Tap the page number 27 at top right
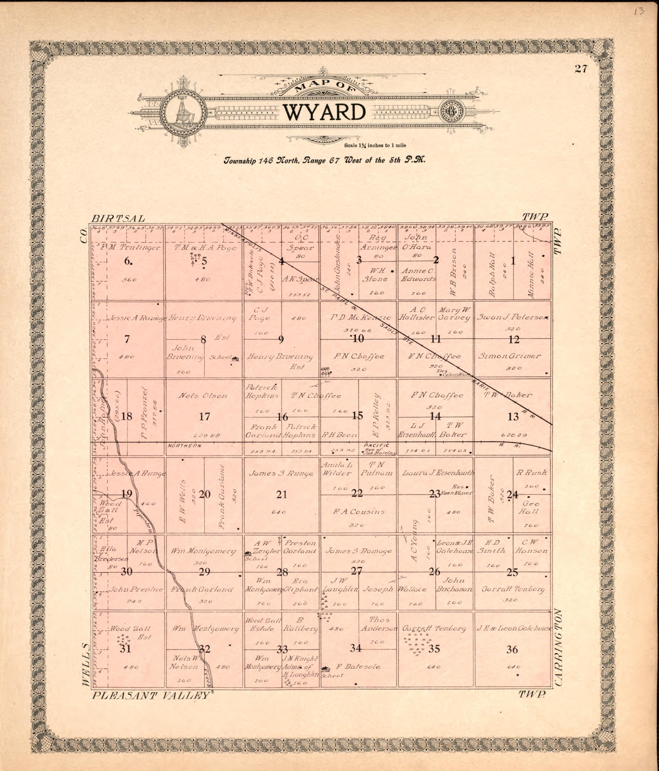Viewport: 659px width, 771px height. [581, 69]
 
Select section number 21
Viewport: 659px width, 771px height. [282, 494]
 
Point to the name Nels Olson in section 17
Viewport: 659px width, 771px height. [203, 396]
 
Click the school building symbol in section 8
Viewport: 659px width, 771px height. [235, 359]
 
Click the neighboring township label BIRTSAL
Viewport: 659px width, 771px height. [118, 219]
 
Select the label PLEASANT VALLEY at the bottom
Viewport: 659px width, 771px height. [150, 695]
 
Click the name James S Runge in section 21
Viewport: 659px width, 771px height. [281, 474]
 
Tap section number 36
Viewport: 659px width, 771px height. [512, 650]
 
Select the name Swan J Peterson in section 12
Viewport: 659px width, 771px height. [512, 318]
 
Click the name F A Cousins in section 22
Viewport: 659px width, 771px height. [359, 512]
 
